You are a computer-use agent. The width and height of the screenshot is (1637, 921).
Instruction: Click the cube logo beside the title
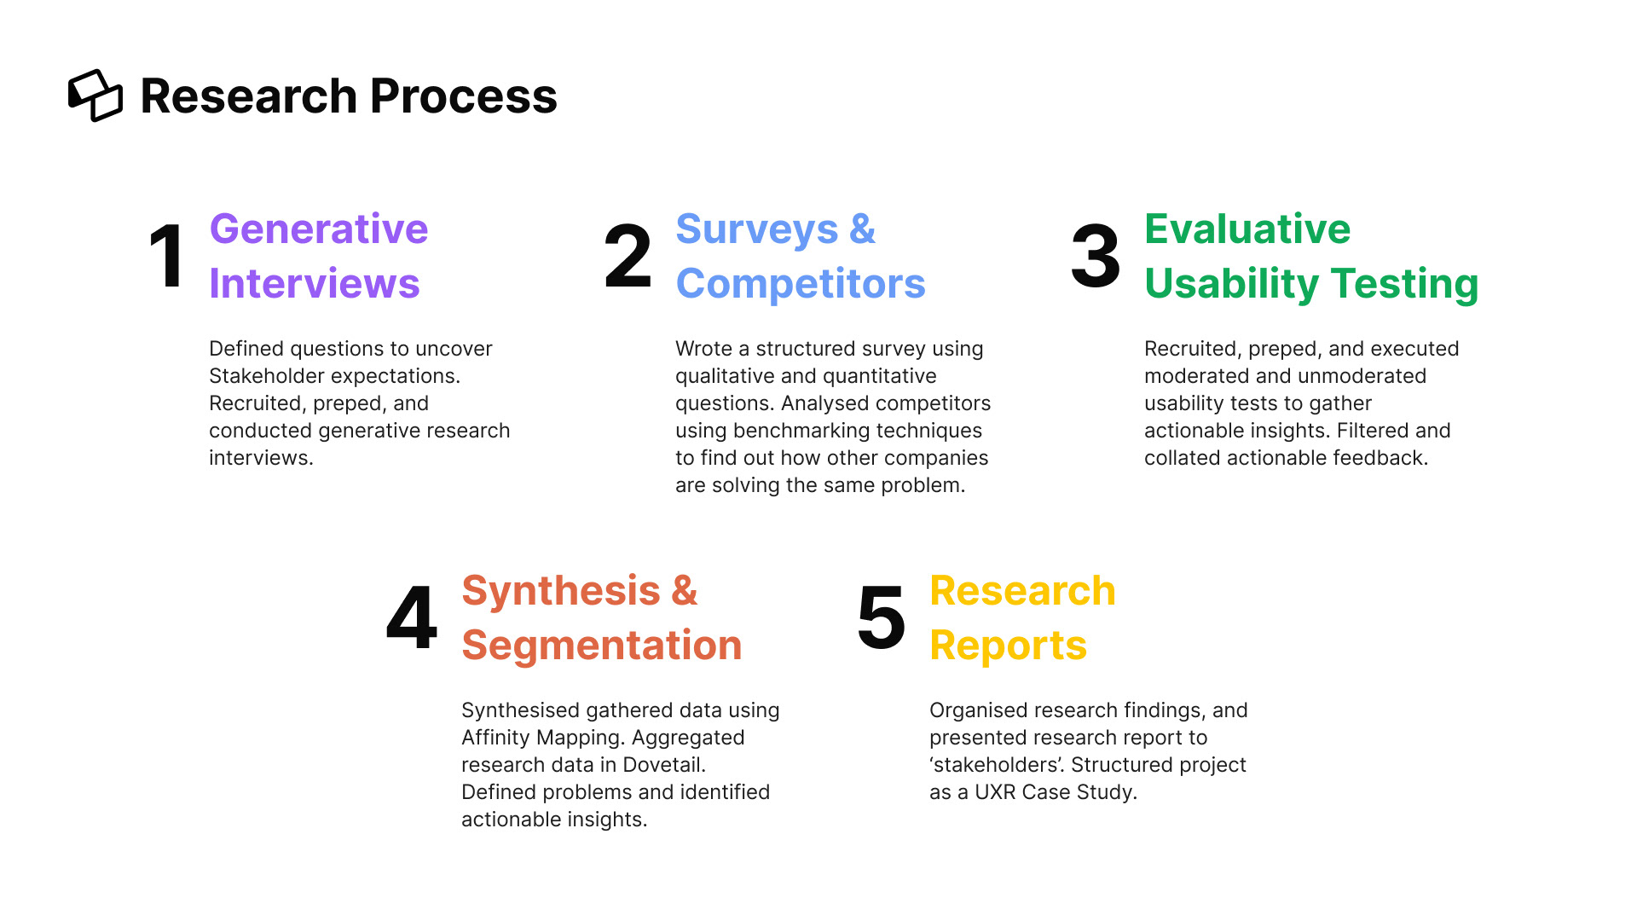coord(95,96)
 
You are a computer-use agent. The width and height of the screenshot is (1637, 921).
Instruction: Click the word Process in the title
coord(463,96)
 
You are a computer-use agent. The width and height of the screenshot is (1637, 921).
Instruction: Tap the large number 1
coord(166,256)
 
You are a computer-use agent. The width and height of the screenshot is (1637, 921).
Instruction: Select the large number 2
coord(628,256)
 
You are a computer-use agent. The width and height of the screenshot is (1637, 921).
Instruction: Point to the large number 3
coord(1096,256)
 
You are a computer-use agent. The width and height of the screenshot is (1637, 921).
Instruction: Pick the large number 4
coord(412,617)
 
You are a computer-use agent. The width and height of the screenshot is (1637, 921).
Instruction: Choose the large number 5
coord(882,617)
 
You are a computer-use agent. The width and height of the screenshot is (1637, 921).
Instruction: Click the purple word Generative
coord(319,229)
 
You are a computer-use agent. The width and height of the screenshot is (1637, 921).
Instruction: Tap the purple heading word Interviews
coord(315,284)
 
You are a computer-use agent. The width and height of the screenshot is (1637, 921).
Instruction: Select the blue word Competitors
coord(801,284)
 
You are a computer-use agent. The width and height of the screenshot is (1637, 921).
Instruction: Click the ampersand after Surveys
coord(863,229)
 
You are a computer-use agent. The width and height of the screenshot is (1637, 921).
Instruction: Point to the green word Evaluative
coord(1247,229)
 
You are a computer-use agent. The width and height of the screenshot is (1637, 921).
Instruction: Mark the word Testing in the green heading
coord(1404,284)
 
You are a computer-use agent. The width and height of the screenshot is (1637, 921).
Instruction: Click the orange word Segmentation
coord(602,646)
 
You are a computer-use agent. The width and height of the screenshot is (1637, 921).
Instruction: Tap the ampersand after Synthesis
coord(685,591)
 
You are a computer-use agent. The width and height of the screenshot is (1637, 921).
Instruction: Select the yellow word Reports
coord(1009,646)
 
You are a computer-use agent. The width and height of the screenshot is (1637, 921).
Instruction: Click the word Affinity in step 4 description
coord(495,738)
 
